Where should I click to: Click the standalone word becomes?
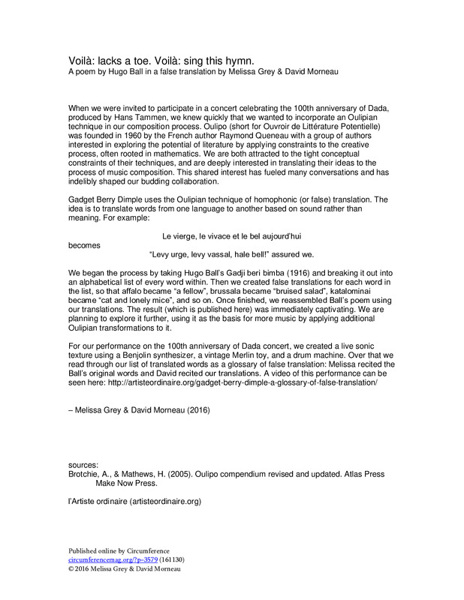[83, 244]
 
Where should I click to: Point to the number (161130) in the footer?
[172, 559]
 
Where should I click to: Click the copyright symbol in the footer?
[71, 568]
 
